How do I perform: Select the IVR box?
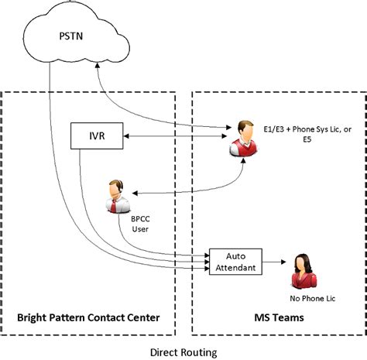91,137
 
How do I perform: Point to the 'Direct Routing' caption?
183,351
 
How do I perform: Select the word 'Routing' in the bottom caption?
201,351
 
